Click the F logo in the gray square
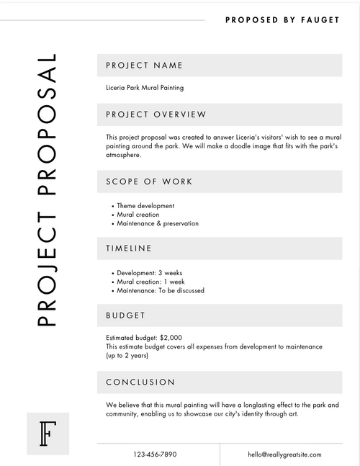click(48, 434)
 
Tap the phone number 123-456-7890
click(155, 454)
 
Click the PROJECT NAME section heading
click(144, 66)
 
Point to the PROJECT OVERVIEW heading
click(156, 115)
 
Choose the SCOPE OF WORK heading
click(149, 182)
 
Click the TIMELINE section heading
click(129, 248)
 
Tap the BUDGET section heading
click(126, 315)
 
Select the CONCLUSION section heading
click(140, 382)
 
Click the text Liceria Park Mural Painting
click(145, 88)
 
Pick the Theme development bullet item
click(145, 205)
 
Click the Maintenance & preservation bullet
click(158, 223)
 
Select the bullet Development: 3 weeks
click(149, 273)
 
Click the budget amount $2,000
click(171, 338)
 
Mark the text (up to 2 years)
click(128, 356)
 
